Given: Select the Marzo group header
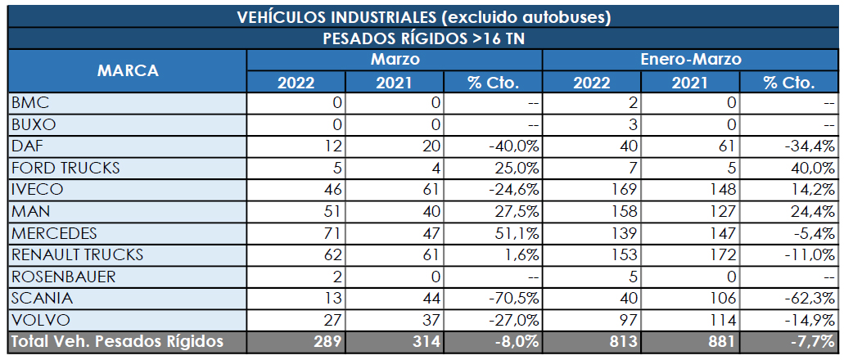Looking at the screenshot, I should click(x=395, y=60).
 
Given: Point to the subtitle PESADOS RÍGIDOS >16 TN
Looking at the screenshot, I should click(x=423, y=38).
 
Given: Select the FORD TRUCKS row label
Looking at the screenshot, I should click(x=65, y=168).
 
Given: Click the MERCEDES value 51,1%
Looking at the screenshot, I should click(x=516, y=233).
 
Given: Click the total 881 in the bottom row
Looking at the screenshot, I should click(x=720, y=341).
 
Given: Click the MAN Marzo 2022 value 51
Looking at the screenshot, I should click(x=333, y=211).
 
